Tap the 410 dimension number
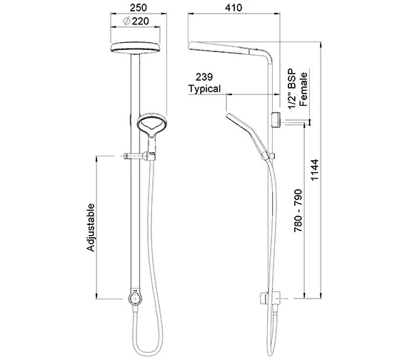pyautogui.click(x=231, y=8)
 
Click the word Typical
pyautogui.click(x=205, y=90)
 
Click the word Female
pyautogui.click(x=303, y=89)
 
